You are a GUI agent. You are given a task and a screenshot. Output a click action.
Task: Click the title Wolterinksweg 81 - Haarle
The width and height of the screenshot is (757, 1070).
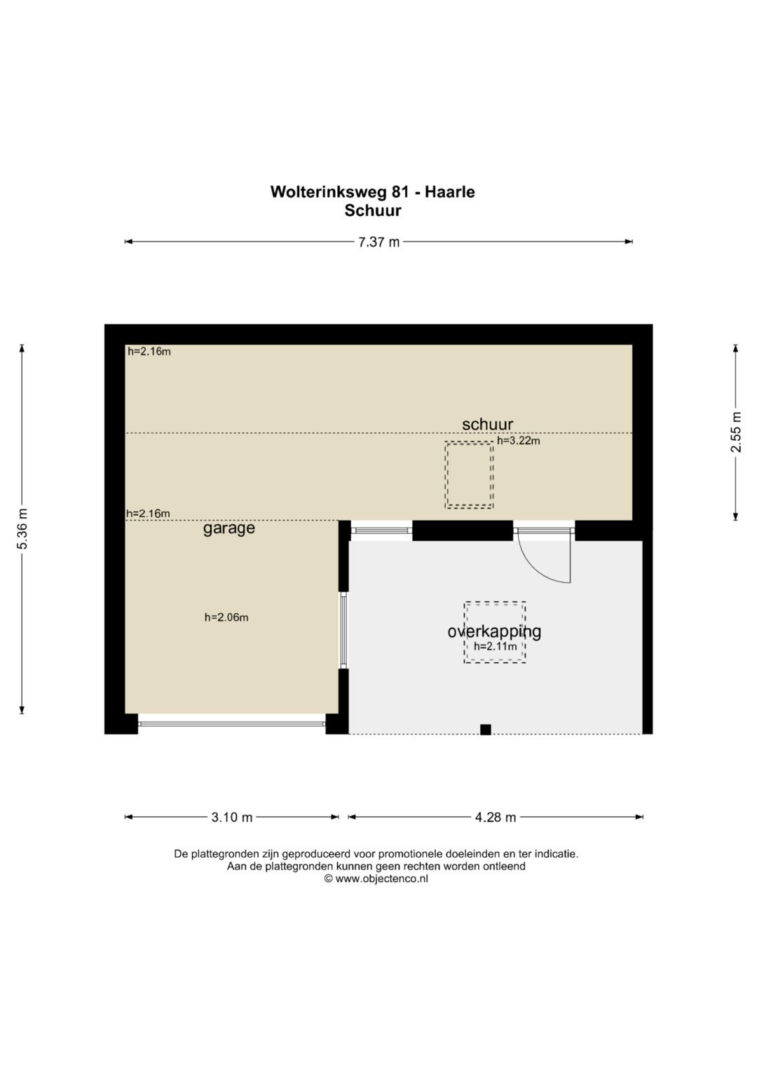point(372,192)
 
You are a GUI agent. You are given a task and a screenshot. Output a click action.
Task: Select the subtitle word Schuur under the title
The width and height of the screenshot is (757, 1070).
point(372,210)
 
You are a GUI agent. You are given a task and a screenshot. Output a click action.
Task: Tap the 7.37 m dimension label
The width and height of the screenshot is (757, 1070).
point(378,242)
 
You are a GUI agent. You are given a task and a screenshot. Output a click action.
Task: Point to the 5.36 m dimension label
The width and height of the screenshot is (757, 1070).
point(22,529)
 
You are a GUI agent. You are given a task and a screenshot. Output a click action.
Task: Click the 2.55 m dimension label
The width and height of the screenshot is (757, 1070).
point(736,439)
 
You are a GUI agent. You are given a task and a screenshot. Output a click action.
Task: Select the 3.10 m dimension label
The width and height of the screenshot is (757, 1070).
point(232,817)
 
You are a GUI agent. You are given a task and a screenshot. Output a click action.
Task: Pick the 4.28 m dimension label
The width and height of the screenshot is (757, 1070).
point(496,817)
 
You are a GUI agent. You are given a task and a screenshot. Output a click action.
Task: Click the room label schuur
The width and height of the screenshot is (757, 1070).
point(487,424)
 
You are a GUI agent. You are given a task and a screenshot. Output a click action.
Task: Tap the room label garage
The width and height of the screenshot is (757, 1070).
point(229,528)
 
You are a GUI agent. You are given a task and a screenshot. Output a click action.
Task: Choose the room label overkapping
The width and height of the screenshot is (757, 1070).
point(494,631)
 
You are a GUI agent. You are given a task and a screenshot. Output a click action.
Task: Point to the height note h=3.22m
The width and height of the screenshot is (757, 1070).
point(519,441)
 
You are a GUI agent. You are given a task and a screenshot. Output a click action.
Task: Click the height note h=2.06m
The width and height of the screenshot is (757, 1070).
point(226,617)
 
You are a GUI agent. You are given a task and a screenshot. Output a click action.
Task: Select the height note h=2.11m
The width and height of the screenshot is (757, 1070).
point(495,646)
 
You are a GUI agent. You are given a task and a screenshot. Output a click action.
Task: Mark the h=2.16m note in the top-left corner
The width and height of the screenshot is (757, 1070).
point(149,351)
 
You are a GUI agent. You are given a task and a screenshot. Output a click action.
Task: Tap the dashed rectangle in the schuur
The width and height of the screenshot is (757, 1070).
point(469,475)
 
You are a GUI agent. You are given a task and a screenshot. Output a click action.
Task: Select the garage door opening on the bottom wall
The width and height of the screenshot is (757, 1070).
point(231,723)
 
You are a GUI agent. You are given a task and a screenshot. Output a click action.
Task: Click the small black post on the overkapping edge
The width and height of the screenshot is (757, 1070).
point(485,729)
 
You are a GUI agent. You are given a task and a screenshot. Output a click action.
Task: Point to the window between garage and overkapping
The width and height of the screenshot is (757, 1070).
point(343,629)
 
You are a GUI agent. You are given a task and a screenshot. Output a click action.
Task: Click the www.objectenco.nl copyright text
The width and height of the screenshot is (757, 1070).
point(376,879)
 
